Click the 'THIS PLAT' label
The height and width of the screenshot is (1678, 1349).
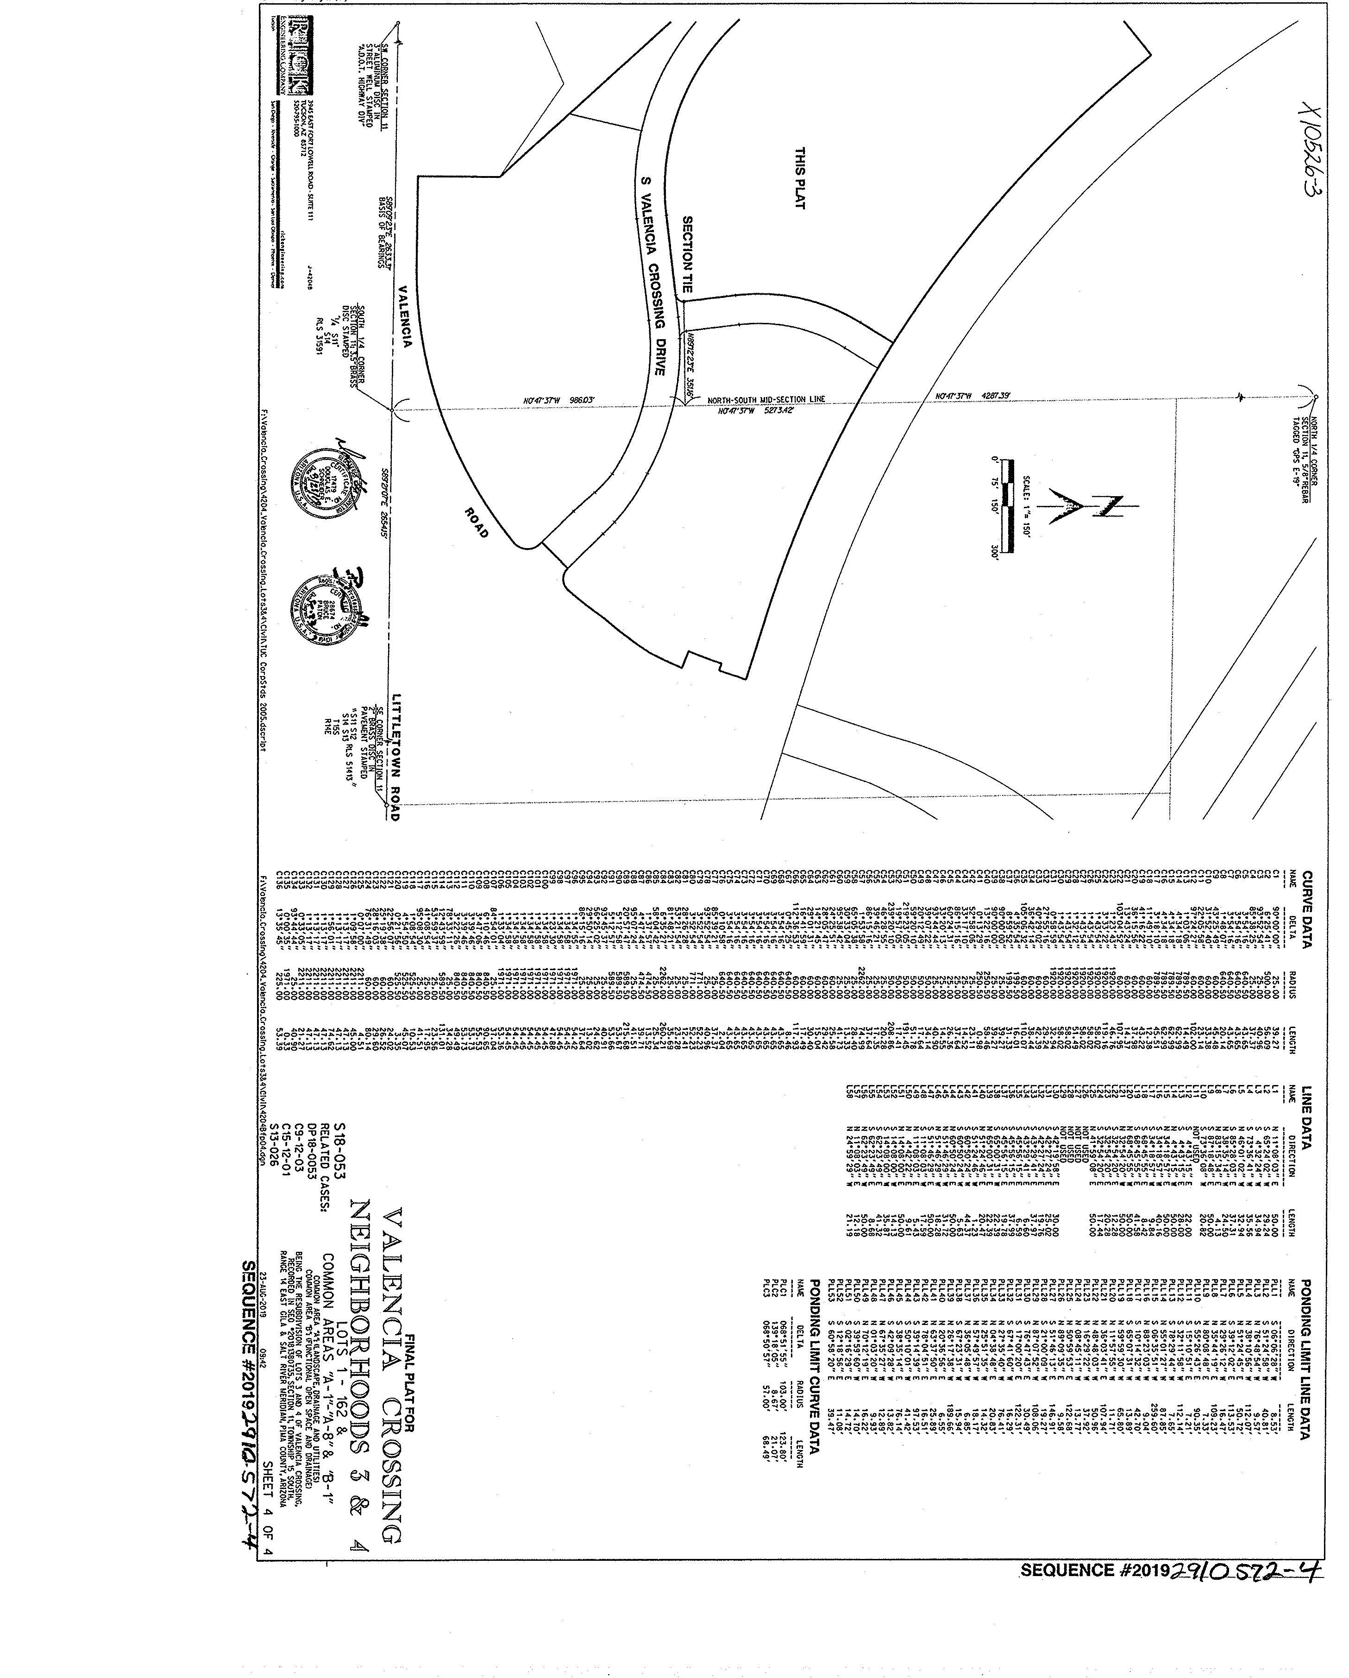click(800, 178)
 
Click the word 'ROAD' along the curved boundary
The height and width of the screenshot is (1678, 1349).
click(477, 522)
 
